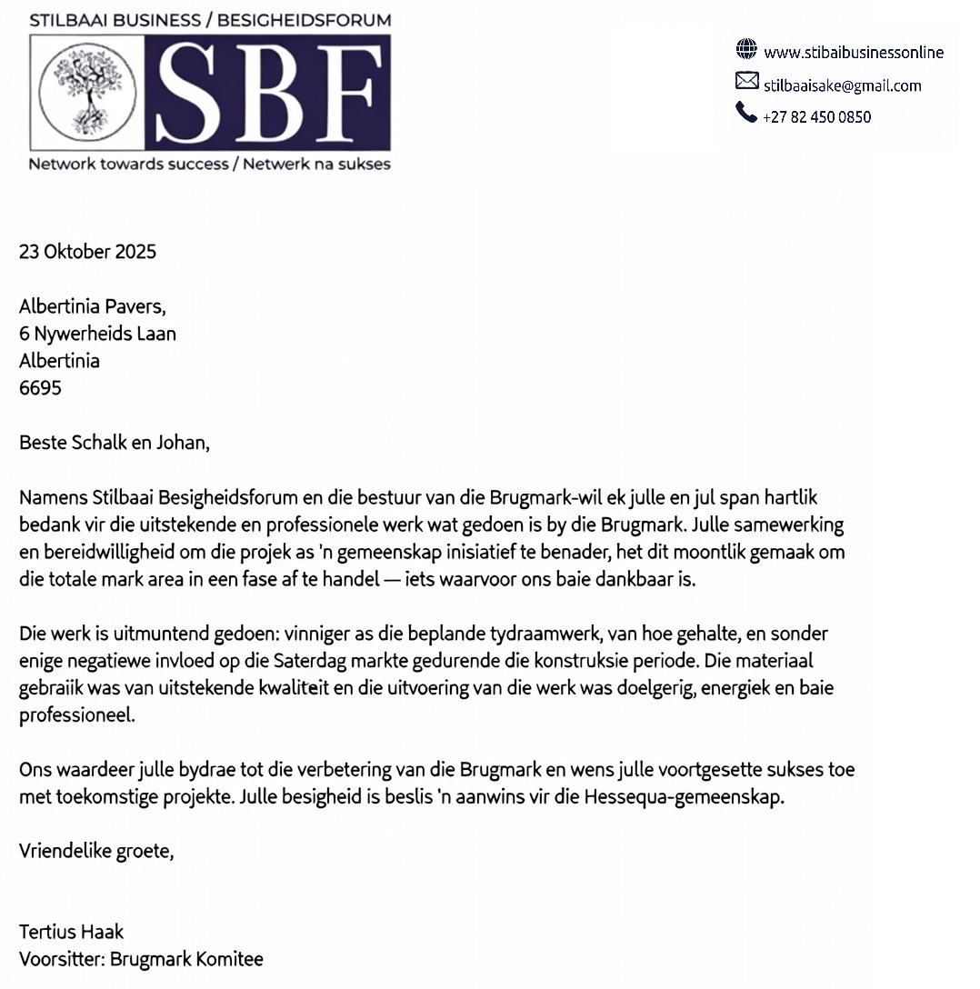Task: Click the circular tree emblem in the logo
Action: pyautogui.click(x=87, y=92)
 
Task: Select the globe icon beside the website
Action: pyautogui.click(x=746, y=49)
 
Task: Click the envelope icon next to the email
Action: pyautogui.click(x=746, y=82)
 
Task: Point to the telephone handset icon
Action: pyautogui.click(x=746, y=113)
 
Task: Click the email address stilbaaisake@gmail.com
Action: pyautogui.click(x=843, y=85)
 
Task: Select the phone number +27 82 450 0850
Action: pyautogui.click(x=817, y=116)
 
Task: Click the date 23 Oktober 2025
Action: pyautogui.click(x=87, y=252)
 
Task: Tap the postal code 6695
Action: pyautogui.click(x=40, y=388)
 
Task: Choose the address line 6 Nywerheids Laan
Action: pyautogui.click(x=97, y=334)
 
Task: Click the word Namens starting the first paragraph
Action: pyautogui.click(x=53, y=498)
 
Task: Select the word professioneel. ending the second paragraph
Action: pyautogui.click(x=76, y=715)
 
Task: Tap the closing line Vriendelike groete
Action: pyautogui.click(x=95, y=852)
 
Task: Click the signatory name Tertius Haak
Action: pyautogui.click(x=71, y=932)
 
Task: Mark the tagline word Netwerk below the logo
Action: pyautogui.click(x=276, y=165)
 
